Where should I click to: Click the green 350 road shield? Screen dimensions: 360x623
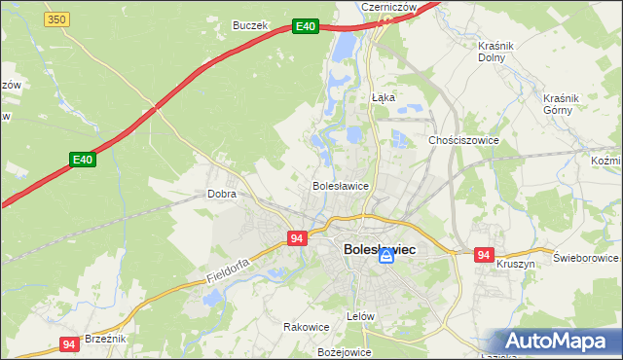pos(57,19)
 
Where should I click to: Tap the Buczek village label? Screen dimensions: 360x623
pos(249,25)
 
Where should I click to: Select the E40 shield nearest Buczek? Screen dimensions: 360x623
pos(306,26)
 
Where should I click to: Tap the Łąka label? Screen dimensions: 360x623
pos(384,97)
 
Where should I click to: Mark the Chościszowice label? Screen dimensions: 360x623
pos(463,140)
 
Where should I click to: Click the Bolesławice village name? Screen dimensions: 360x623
pos(339,185)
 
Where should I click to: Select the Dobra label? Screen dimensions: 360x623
pos(222,194)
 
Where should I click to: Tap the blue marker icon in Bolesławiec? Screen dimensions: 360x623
pos(386,256)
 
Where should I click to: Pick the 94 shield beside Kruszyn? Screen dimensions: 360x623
pos(484,255)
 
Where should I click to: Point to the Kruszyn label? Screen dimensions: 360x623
pos(515,264)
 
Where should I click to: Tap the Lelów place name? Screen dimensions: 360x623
pos(360,317)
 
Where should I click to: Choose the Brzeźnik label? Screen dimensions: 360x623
pos(105,338)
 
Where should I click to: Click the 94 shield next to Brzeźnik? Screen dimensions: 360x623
pos(68,344)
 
